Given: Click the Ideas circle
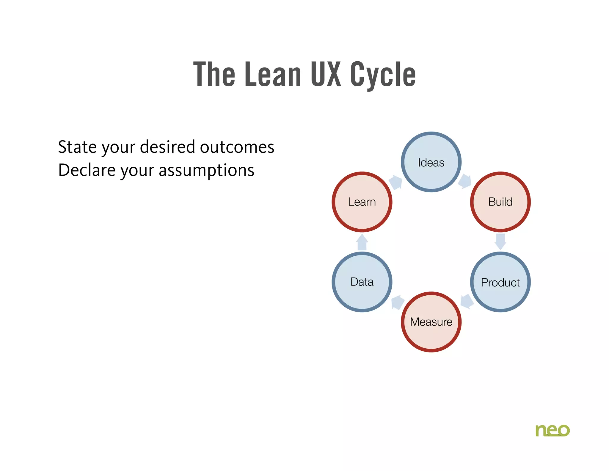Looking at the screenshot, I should (x=431, y=162).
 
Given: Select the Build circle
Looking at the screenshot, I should (x=500, y=202).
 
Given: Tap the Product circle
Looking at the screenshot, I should (x=500, y=282).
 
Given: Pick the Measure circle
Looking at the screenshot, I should (x=431, y=322).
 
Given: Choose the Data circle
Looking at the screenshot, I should (x=362, y=282).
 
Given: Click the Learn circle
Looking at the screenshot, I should (x=362, y=202).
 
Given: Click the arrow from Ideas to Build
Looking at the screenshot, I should (x=465, y=181).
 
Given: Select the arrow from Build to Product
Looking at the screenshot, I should (x=500, y=241).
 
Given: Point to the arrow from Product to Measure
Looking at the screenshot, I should (x=467, y=301).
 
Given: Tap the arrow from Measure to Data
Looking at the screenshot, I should (x=397, y=302).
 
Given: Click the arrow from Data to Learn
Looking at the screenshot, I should (x=362, y=242).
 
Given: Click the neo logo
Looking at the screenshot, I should (x=552, y=430).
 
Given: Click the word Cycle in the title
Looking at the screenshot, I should (x=383, y=74).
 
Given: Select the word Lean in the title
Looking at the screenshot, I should (x=273, y=74).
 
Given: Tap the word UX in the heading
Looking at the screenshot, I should (x=326, y=74).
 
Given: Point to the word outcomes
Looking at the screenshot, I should (x=237, y=147).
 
